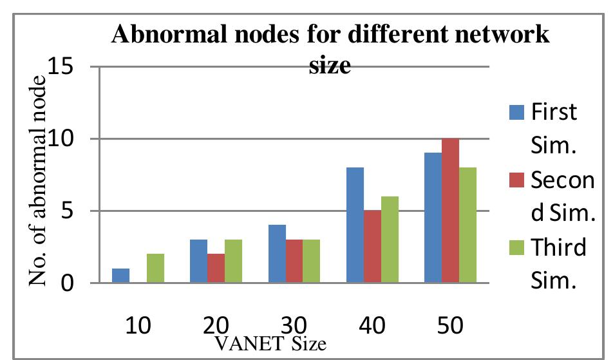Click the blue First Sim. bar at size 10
tap(120, 276)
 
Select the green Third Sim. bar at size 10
tap(155, 268)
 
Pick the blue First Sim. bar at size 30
tap(277, 254)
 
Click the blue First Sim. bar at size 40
tap(355, 225)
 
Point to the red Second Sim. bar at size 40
tap(372, 247)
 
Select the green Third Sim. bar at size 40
tap(390, 240)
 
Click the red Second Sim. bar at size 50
tap(450, 211)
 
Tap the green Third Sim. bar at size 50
tap(467, 225)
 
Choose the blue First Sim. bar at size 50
tap(433, 218)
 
